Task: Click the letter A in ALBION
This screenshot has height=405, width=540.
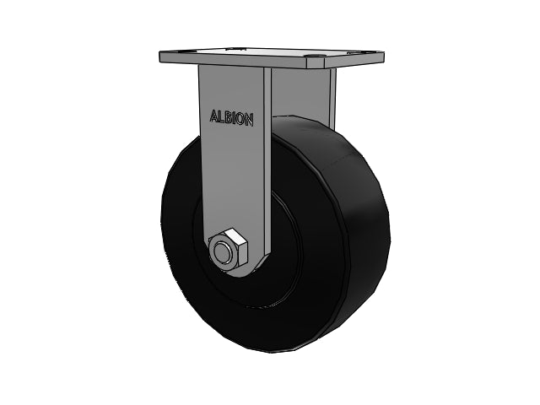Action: coord(214,116)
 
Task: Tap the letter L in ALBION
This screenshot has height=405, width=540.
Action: coord(221,117)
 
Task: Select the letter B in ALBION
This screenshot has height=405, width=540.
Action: coord(228,118)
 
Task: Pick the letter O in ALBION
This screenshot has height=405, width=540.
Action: coord(240,119)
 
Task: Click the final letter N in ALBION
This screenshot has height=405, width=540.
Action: coord(249,120)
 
